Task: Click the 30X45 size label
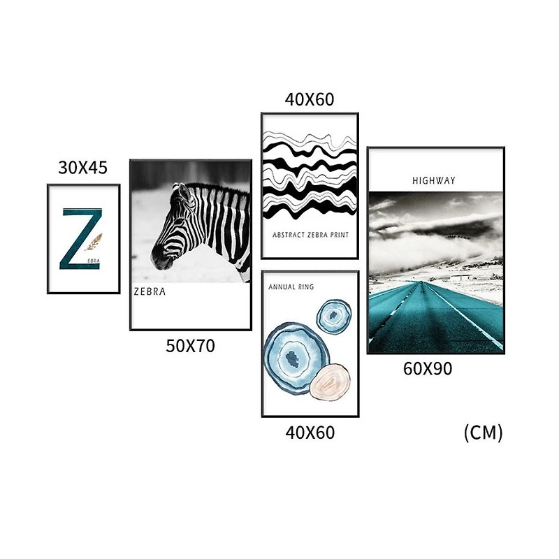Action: [x=82, y=168]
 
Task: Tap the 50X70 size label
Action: [x=190, y=346]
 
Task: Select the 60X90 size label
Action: [x=428, y=368]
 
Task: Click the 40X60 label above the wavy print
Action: [x=310, y=99]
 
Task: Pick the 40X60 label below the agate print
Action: [x=310, y=433]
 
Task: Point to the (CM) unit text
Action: [x=484, y=433]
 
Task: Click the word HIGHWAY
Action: [x=434, y=181]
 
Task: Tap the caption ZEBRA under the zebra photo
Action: [x=150, y=292]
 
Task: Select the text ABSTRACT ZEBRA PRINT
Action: [x=310, y=235]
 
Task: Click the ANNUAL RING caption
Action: [x=291, y=286]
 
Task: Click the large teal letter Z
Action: [x=80, y=238]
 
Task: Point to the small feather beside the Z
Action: [x=94, y=242]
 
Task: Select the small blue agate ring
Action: [x=334, y=315]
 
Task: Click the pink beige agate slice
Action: [x=330, y=382]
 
